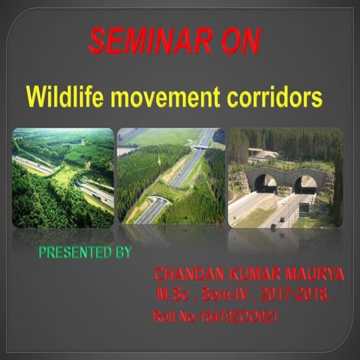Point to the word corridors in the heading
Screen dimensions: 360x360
pos(271,97)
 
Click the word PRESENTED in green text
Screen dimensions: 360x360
pos(73,252)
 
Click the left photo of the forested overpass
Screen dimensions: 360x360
pos(63,177)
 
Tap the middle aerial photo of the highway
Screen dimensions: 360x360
pos(170,177)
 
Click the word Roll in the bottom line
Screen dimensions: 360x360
pos(163,316)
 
